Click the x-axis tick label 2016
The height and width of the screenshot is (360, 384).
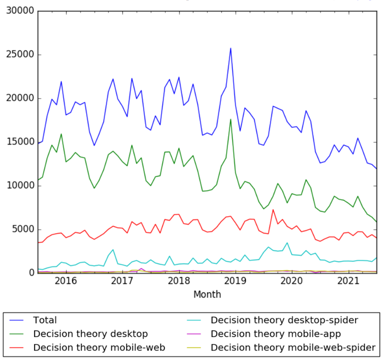click(65, 281)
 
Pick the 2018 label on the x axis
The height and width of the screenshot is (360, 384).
click(178, 281)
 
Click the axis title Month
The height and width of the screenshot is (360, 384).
click(207, 294)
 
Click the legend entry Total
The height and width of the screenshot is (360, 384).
click(45, 321)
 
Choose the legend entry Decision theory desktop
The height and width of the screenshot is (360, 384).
click(91, 334)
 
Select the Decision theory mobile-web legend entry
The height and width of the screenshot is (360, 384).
click(99, 348)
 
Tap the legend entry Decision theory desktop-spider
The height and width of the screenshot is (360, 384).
click(284, 321)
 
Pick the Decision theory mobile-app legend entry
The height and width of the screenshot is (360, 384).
click(276, 334)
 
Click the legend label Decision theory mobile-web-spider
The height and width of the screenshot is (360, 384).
click(293, 348)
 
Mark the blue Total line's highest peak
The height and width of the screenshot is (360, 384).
click(230, 48)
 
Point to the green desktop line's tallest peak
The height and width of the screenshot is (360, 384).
click(230, 119)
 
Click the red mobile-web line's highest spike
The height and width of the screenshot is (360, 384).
click(273, 210)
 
